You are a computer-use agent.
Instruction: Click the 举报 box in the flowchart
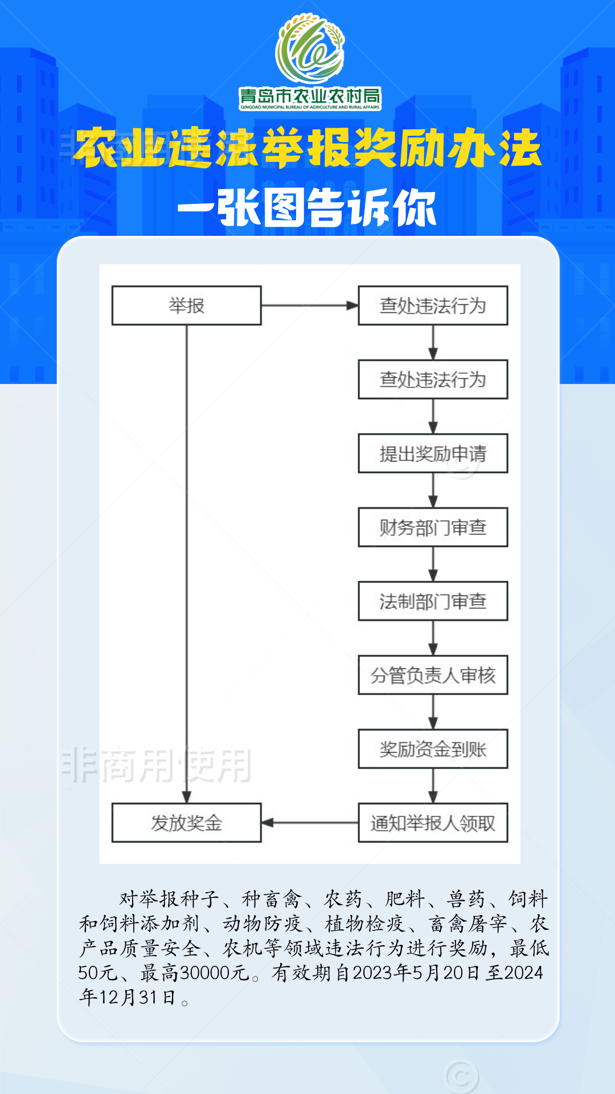(x=186, y=306)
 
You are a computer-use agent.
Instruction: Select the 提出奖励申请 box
(x=433, y=454)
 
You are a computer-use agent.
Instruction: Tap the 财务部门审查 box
(x=433, y=528)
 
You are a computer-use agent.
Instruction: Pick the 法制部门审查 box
(x=433, y=601)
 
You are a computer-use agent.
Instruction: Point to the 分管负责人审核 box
(x=433, y=675)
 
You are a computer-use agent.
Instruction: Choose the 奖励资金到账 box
(x=433, y=749)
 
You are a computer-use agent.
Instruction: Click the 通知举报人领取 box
(x=433, y=823)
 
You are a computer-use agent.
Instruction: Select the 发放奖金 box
(x=186, y=823)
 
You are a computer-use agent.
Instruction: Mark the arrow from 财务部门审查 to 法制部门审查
(x=433, y=564)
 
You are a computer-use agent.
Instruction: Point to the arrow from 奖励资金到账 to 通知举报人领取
(x=433, y=786)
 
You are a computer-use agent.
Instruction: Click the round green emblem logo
(x=310, y=48)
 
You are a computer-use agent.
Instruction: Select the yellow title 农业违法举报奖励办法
(x=307, y=148)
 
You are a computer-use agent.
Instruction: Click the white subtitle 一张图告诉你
(x=307, y=208)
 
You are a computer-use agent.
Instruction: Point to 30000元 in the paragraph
(x=214, y=973)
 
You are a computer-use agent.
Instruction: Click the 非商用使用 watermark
(x=157, y=765)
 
